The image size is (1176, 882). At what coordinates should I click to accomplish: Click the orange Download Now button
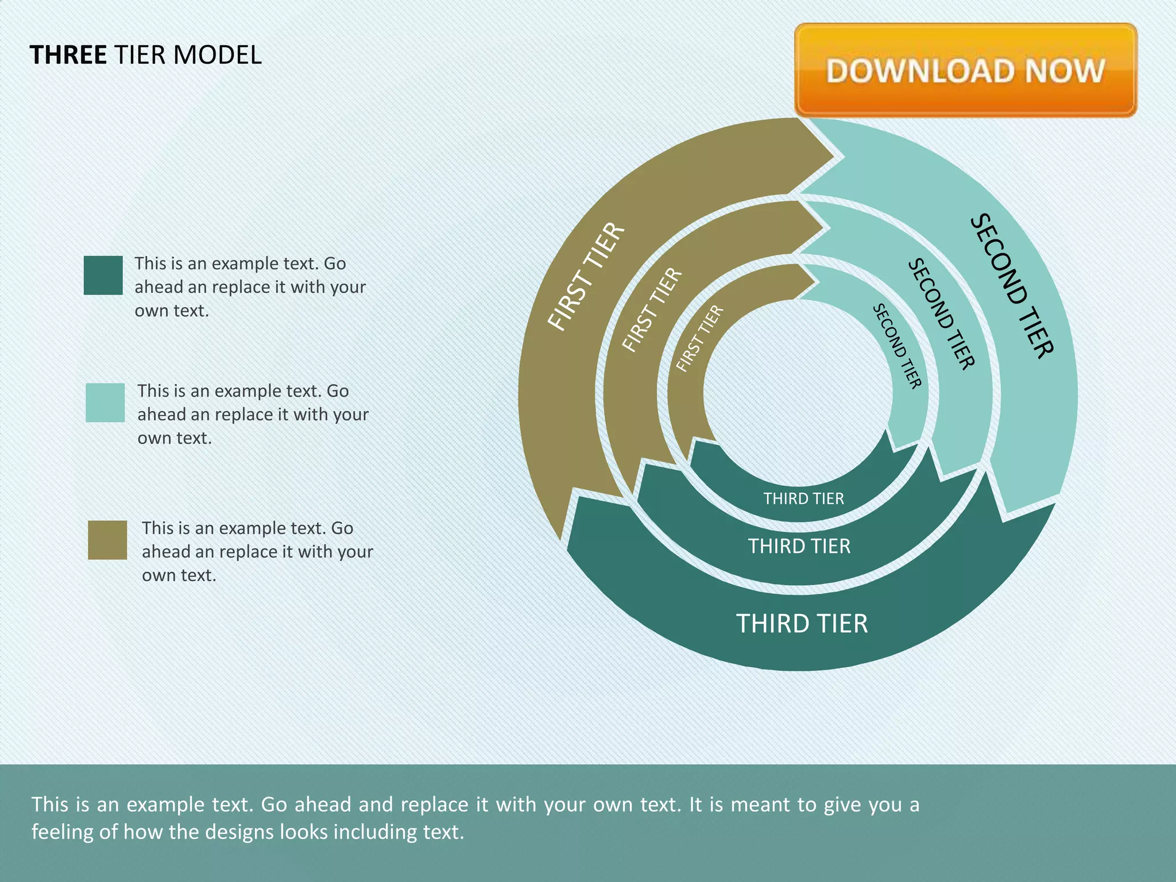pos(965,70)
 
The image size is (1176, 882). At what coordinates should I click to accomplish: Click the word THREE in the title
pos(68,55)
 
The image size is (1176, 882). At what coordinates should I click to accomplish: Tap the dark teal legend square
pos(103,275)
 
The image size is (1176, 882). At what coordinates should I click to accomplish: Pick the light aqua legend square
pos(105,403)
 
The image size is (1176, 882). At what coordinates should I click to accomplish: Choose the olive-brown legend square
pos(107,540)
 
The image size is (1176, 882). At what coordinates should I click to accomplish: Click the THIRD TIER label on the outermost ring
pos(802,624)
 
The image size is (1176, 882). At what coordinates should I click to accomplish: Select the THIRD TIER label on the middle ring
pos(799,546)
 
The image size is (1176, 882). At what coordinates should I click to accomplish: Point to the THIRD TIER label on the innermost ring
pos(803,498)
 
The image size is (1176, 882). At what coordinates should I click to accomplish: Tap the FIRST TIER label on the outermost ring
pos(586,277)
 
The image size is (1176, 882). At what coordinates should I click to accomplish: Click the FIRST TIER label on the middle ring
pos(652,310)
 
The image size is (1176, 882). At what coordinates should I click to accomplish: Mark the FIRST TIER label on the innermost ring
pos(699,339)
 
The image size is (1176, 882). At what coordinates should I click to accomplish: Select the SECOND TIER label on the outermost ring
pos(1012,286)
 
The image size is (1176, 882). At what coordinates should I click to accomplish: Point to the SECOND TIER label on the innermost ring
pos(897,346)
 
